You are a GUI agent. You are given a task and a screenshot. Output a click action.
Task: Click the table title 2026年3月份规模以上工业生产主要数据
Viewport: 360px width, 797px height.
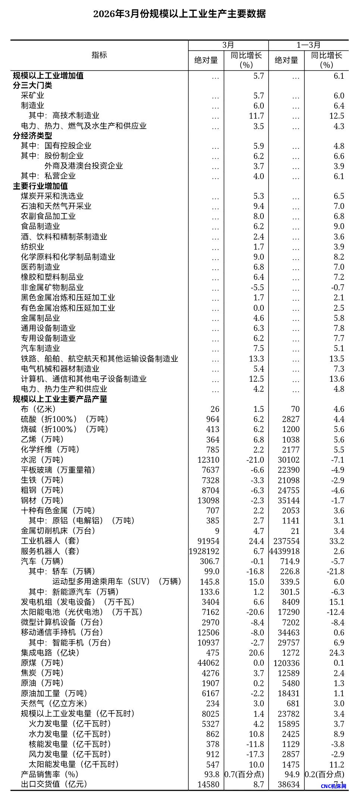(179, 14)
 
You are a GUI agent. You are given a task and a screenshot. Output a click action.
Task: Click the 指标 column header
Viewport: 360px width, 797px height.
(99, 55)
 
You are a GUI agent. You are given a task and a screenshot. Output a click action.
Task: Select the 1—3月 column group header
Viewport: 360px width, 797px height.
(308, 45)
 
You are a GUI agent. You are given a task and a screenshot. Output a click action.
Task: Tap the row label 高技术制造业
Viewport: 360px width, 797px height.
(76, 116)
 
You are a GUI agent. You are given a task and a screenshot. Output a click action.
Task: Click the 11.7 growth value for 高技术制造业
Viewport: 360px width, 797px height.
(256, 116)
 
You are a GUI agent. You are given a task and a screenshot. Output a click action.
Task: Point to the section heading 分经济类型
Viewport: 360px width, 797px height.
(32, 136)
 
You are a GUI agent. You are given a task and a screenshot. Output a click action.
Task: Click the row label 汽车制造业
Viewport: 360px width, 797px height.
(40, 348)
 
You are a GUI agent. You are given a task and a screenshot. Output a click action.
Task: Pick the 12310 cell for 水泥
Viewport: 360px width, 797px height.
(208, 460)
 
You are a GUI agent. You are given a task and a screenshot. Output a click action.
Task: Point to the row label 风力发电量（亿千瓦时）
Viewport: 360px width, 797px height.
(70, 754)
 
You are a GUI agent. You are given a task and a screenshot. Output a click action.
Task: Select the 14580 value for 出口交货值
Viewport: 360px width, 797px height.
(208, 784)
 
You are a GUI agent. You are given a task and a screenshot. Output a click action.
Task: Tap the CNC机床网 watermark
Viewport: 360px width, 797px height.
(333, 786)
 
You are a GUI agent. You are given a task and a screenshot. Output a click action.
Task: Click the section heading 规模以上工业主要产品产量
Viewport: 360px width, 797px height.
(60, 399)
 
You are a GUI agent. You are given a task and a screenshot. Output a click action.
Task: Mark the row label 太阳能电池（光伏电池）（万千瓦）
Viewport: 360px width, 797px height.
(82, 612)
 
